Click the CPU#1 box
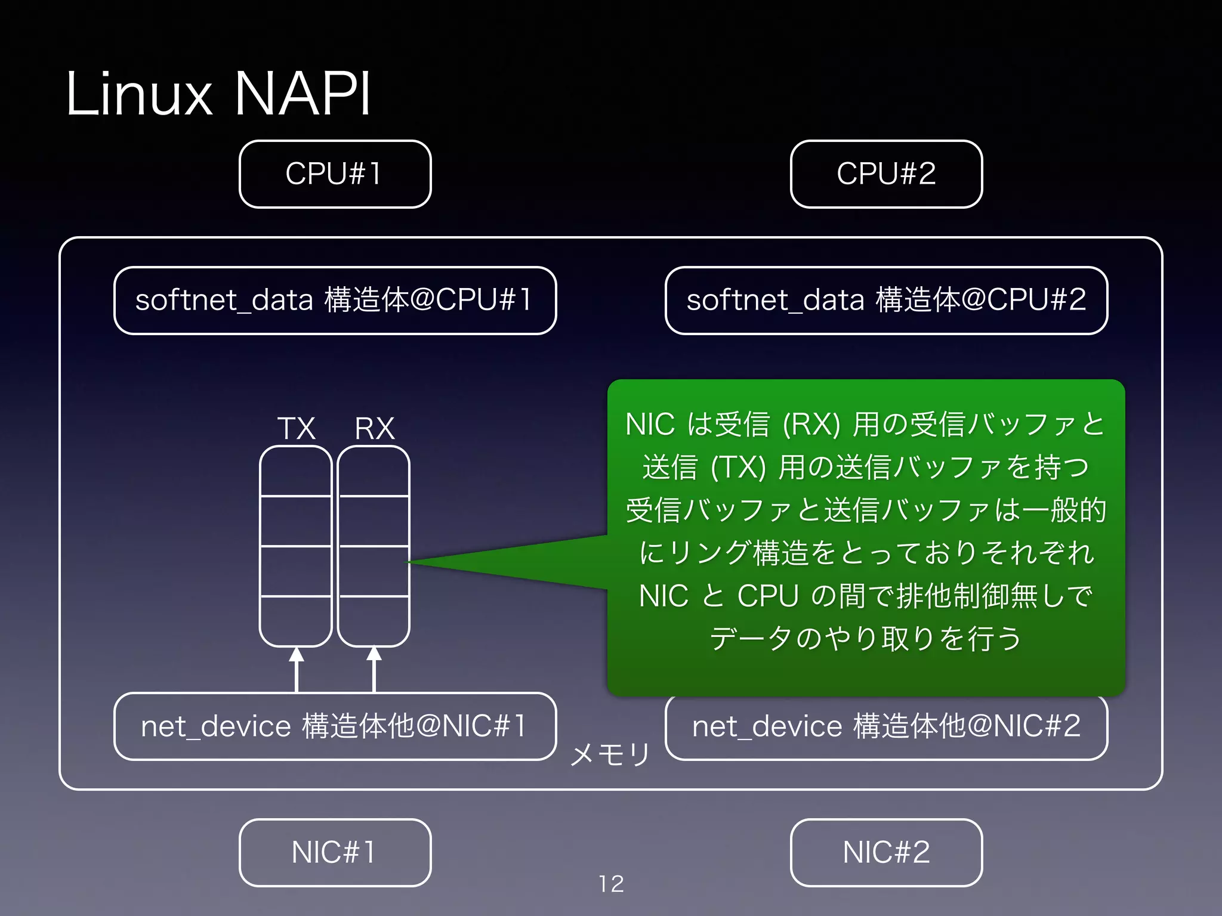[x=335, y=174]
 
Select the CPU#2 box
[x=886, y=174]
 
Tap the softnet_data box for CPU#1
[x=335, y=300]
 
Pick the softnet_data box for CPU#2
[x=886, y=300]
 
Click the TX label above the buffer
[x=296, y=428]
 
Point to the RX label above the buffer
[x=375, y=428]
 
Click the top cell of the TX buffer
[x=296, y=471]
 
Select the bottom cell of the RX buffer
[x=374, y=621]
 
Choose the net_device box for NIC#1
[x=335, y=726]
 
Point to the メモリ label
[x=610, y=754]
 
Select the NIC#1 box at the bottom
[x=335, y=852]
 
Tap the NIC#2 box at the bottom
[x=886, y=852]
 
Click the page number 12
[x=611, y=884]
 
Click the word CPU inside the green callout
[x=767, y=596]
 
